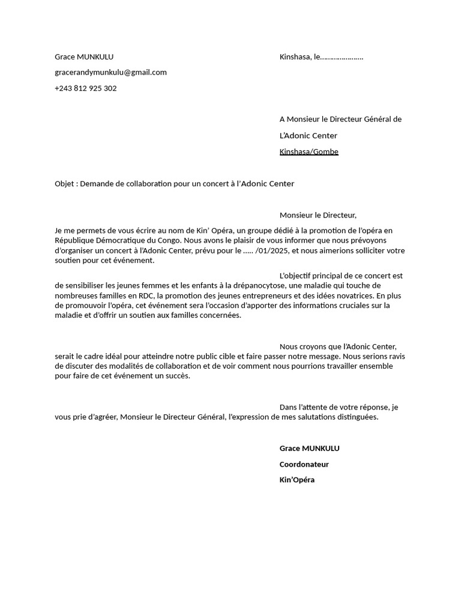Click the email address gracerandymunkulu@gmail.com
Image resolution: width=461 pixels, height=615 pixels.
[x=110, y=73]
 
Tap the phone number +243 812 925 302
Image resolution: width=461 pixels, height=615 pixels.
[x=86, y=88]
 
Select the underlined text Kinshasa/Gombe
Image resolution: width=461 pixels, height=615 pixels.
[x=309, y=152]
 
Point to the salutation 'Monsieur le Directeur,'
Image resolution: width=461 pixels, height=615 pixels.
[x=318, y=216]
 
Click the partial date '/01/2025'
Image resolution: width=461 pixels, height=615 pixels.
[x=271, y=250]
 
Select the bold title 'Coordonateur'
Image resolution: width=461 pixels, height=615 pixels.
[x=304, y=464]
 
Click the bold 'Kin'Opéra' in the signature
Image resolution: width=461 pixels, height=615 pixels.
[x=297, y=480]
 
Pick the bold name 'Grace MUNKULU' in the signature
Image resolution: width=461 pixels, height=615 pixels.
[x=309, y=449]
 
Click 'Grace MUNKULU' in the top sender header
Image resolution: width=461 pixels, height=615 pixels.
[x=84, y=57]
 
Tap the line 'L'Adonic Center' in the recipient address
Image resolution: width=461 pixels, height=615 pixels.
[x=308, y=136]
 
